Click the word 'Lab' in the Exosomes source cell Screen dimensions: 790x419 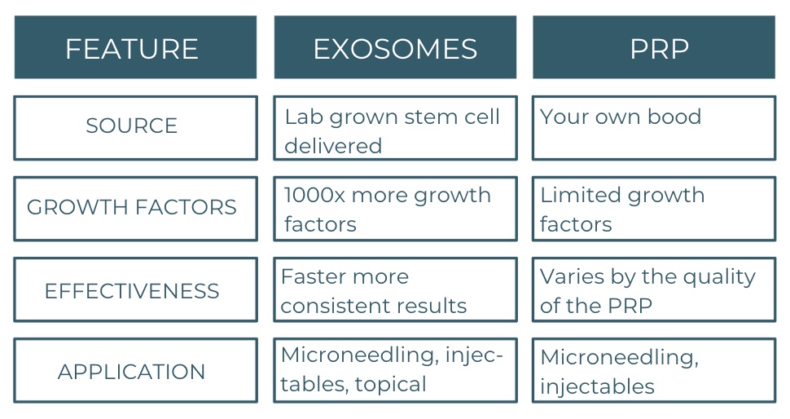pos(304,117)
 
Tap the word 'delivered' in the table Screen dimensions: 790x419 pos(333,146)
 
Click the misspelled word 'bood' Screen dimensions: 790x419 pos(674,117)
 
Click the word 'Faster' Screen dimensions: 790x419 pos(311,277)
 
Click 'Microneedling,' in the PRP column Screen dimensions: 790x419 pos(619,358)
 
